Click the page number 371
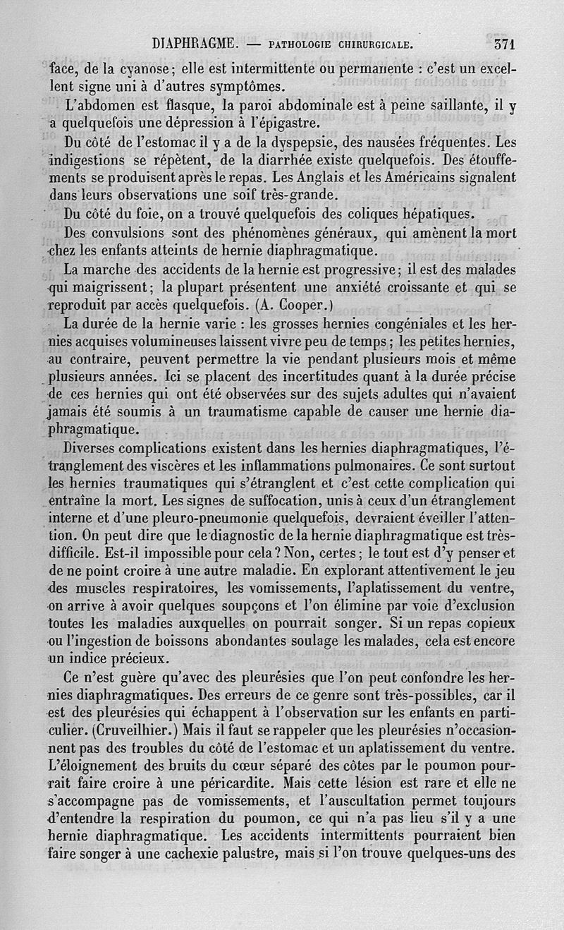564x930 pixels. pyautogui.click(x=505, y=43)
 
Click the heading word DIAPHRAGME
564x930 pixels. pyautogui.click(x=194, y=43)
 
